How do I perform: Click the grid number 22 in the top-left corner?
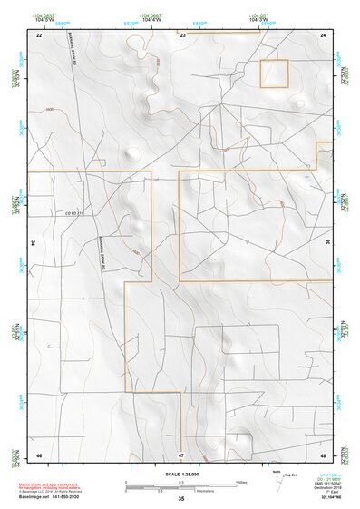click(39, 34)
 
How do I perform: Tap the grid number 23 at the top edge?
click(181, 34)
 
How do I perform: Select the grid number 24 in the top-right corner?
click(323, 34)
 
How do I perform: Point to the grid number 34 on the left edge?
click(34, 244)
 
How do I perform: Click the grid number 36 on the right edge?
click(327, 244)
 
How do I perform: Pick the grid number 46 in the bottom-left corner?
click(39, 454)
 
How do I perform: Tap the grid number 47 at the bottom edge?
click(181, 455)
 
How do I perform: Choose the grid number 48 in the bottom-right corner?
click(323, 454)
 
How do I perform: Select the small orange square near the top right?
click(274, 73)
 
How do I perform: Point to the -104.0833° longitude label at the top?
click(44, 15)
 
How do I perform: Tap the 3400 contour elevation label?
click(49, 110)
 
